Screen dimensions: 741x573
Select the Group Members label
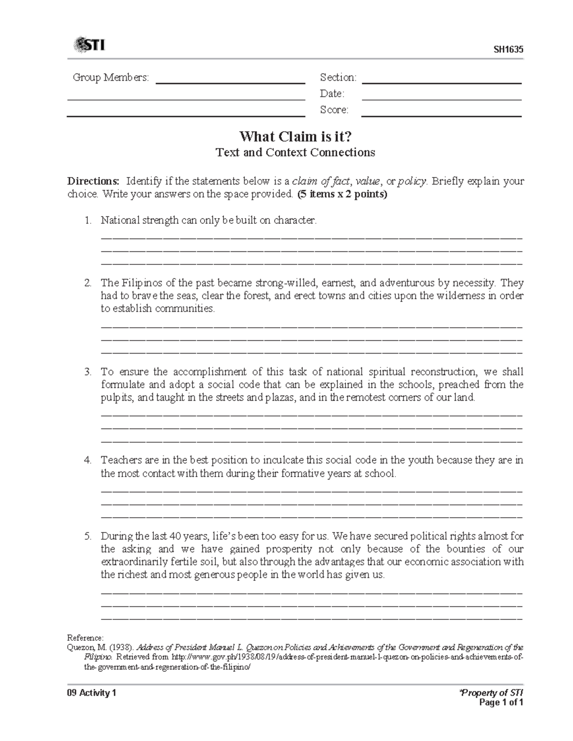pos(111,77)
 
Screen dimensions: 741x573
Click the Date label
pos(332,94)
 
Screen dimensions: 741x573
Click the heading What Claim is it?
pos(296,137)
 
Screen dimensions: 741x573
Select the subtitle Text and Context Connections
pos(296,153)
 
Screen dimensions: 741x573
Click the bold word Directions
pos(93,181)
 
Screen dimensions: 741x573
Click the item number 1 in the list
pos(87,220)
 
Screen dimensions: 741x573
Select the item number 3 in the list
pos(87,372)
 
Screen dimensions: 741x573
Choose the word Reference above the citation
pos(85,638)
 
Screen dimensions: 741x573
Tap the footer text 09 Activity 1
pos(92,693)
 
